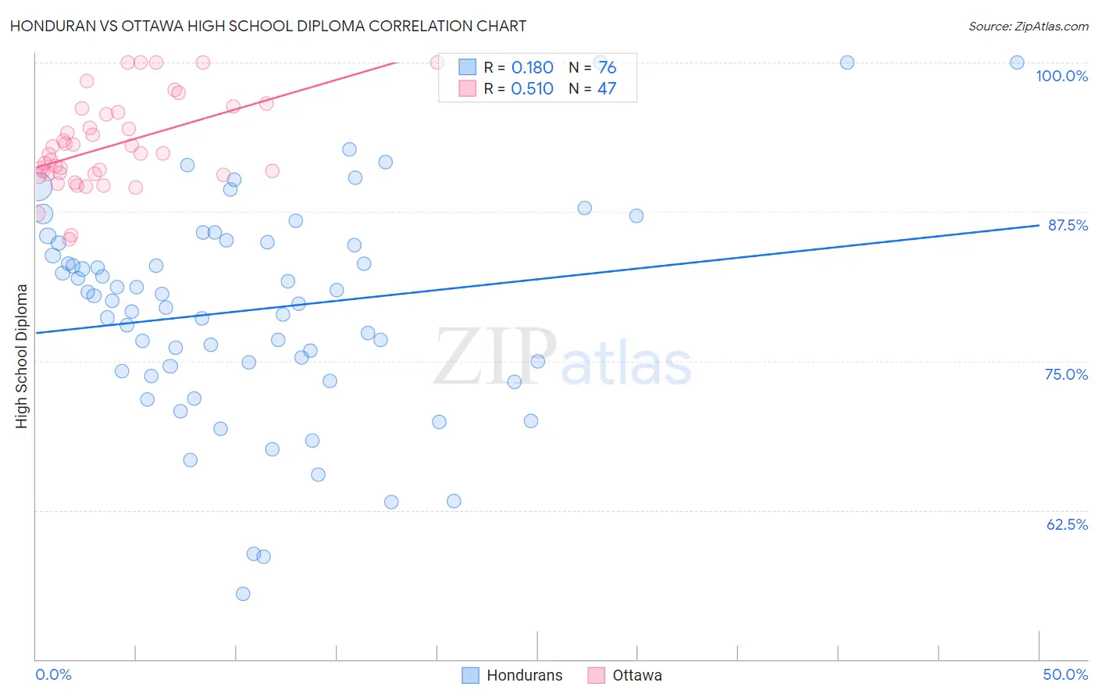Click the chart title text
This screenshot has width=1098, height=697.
coord(268,26)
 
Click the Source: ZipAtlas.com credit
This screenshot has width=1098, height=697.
coord(1028,26)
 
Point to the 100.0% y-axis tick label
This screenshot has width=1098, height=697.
coord(1061,76)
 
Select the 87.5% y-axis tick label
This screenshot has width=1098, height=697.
coord(1068,225)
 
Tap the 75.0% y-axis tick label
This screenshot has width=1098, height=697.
coord(1066,374)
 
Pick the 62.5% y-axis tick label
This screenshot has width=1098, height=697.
coord(1067,524)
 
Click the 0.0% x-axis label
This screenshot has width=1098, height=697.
coord(53,674)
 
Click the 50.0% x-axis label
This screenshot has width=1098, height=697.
coord(1065,674)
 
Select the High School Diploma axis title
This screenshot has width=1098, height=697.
coord(22,356)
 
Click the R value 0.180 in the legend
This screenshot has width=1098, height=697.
coord(532,68)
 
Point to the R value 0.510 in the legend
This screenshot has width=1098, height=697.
coord(532,89)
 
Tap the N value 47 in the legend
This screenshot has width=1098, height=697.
coord(607,89)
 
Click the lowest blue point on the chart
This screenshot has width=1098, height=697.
coord(243,594)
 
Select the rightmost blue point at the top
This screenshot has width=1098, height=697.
coord(1017,63)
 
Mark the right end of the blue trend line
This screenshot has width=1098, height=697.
coord(1039,225)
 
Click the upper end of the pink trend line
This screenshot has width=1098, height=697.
coord(397,62)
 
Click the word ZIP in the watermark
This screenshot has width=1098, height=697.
coord(495,357)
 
